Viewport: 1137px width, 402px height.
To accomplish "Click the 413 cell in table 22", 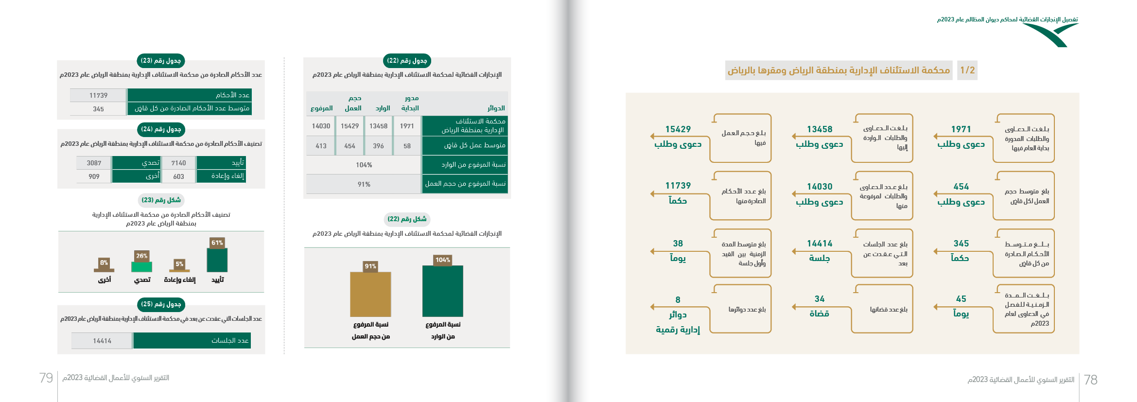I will pos(321,146).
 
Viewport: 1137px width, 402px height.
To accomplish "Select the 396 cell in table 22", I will pos(378,146).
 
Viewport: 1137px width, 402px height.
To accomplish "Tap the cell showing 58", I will pos(407,146).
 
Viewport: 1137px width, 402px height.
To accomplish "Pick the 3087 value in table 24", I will pos(94,163).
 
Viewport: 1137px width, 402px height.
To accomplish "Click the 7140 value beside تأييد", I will pos(178,163).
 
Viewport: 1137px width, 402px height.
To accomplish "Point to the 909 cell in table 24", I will pos(94,176).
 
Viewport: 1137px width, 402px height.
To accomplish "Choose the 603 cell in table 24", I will pos(178,176).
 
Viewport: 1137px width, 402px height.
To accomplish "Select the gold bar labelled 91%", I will pos(370,294).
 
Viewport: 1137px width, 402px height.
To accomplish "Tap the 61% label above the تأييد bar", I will pos(217,243).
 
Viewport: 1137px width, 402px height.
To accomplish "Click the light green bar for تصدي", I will pos(141,267).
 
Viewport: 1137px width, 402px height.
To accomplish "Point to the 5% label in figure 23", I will pos(179,264).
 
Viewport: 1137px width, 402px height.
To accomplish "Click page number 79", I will pos(46,378).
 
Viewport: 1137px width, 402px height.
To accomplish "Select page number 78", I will pos(1091,380).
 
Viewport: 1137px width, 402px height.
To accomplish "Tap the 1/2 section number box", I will pos(967,70).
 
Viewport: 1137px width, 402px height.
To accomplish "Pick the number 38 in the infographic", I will pos(678,244).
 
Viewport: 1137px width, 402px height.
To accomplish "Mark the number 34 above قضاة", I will pos(820,299).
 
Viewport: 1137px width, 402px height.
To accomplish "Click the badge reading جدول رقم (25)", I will pos(161,304).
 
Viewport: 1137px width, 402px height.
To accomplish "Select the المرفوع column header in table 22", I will pos(321,108).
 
